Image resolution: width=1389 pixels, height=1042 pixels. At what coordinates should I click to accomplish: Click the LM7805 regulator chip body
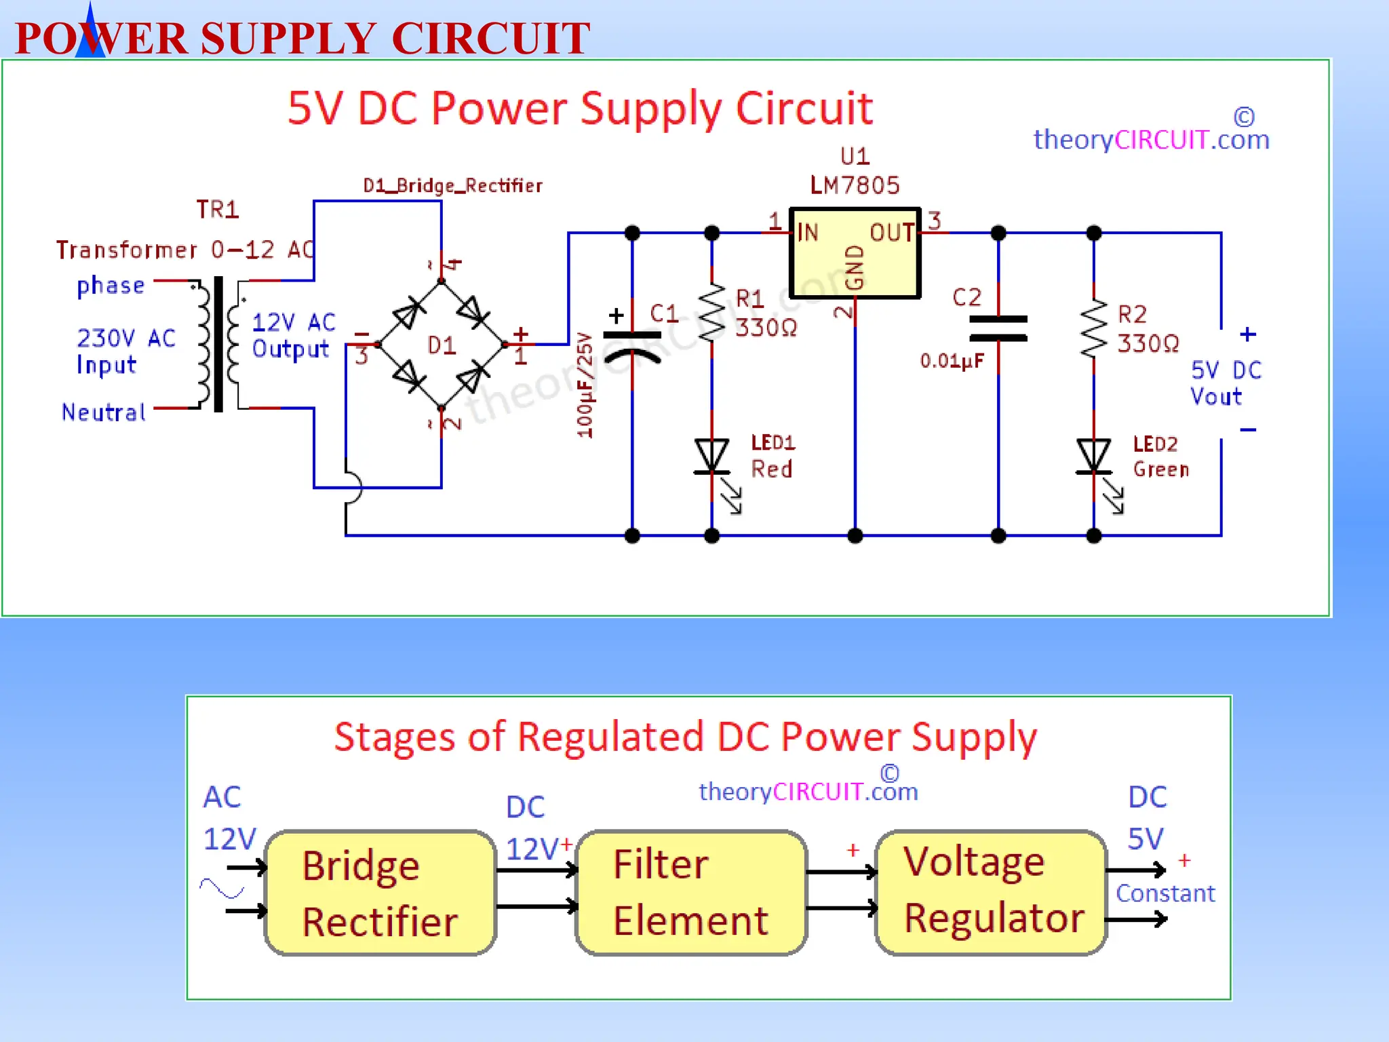click(855, 253)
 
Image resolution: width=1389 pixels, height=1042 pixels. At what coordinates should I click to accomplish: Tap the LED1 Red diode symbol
click(711, 457)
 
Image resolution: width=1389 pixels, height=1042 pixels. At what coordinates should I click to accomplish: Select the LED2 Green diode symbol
click(1093, 457)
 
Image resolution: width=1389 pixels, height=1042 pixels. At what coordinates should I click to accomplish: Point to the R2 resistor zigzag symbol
click(1093, 328)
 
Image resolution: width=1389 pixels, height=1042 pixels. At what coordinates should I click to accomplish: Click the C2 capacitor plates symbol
click(998, 328)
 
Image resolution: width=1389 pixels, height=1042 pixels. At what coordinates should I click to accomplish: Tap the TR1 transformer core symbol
click(218, 344)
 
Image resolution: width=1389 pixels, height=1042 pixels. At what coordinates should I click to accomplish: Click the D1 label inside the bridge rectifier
click(442, 346)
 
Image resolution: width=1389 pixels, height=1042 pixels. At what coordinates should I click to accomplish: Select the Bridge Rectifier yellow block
click(380, 893)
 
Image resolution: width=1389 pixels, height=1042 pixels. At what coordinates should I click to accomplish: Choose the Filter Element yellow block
click(691, 893)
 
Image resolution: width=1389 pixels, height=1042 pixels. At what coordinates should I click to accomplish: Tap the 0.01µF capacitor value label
click(952, 361)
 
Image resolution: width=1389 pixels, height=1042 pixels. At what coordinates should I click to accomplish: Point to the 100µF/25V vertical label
click(585, 385)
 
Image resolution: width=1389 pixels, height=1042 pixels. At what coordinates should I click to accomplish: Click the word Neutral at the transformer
click(104, 412)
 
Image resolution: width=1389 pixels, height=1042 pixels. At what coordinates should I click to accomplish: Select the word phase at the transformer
click(111, 286)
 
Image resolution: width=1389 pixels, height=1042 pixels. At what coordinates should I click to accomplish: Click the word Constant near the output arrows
click(1165, 893)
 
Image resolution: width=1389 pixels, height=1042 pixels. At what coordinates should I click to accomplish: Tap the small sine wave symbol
click(222, 888)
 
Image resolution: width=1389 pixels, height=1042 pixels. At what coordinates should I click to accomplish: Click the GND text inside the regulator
click(855, 267)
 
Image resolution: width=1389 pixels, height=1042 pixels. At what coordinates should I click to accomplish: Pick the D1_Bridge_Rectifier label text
click(452, 186)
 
